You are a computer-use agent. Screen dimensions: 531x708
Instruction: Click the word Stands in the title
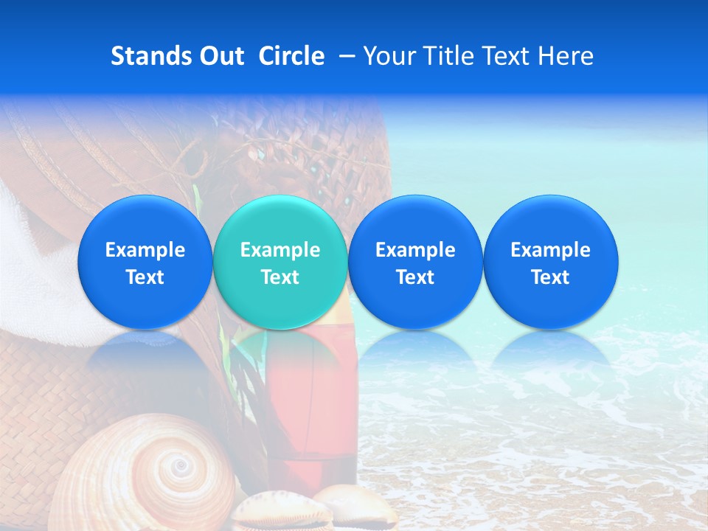coord(147,56)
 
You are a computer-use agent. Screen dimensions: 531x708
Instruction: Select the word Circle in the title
coord(291,56)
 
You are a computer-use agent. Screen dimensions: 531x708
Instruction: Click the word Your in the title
coord(389,56)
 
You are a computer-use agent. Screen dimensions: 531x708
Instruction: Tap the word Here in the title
coord(566,56)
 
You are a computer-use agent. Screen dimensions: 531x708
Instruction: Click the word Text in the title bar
coord(505,56)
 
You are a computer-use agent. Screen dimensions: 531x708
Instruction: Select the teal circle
coord(280,262)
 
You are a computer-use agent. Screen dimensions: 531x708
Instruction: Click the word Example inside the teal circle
coord(280,250)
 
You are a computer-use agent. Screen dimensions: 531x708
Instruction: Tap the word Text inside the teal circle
coord(280,277)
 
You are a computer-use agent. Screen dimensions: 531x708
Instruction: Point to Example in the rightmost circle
coord(550,250)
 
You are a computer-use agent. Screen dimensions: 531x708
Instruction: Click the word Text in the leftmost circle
coord(145,277)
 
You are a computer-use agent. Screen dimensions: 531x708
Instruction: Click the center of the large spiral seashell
coord(178,466)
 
